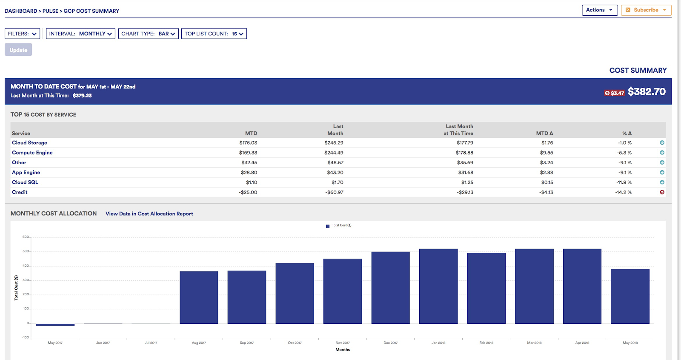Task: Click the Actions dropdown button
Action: pos(599,10)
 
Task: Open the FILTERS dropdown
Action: pos(23,34)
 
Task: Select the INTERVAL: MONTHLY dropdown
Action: pos(80,34)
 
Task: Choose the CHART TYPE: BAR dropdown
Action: pos(148,34)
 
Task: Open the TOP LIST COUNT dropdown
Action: pos(214,34)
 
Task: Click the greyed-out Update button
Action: pos(18,50)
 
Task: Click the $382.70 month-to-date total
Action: pos(647,91)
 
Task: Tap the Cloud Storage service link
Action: pos(29,143)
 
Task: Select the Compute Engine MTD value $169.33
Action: pos(248,153)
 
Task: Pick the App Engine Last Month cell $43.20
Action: pos(335,172)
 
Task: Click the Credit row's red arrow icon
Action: pos(662,192)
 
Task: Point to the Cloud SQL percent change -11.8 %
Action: pos(624,183)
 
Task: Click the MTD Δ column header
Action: pos(544,133)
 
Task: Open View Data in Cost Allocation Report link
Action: pos(149,214)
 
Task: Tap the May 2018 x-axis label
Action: pos(630,343)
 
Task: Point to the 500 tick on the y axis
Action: pos(26,251)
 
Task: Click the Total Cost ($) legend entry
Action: pos(339,226)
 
